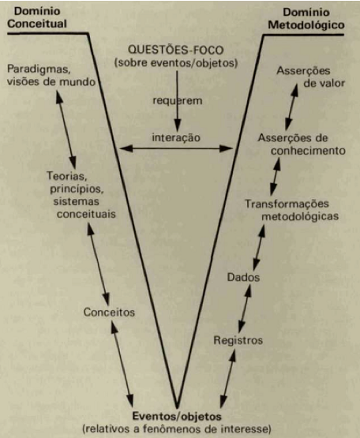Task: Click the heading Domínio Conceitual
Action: click(37, 17)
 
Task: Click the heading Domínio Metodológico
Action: click(306, 19)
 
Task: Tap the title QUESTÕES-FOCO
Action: click(176, 51)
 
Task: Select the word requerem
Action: click(177, 100)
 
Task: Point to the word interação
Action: click(176, 137)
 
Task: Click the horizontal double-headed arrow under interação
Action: click(176, 148)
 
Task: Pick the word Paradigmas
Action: click(39, 69)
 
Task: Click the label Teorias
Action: click(66, 176)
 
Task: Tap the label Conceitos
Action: click(109, 313)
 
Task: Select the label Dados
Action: click(243, 277)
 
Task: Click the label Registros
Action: click(238, 340)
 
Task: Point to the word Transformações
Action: click(287, 204)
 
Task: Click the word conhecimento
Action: click(308, 151)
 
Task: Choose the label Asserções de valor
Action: click(310, 77)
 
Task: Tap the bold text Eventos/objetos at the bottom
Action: click(177, 417)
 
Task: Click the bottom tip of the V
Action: click(177, 408)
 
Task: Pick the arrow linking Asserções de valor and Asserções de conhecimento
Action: click(291, 107)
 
